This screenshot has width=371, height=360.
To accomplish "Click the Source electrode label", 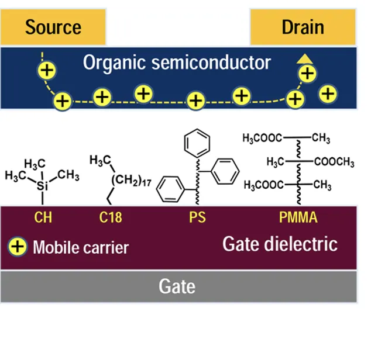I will tap(53, 27).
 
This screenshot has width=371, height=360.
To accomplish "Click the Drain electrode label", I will tap(303, 27).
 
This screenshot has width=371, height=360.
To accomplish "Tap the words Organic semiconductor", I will tap(177, 63).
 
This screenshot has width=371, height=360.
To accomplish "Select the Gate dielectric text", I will tap(280, 243).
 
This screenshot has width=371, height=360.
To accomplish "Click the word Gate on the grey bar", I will tap(177, 287).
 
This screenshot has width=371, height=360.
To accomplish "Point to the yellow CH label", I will tap(43, 218).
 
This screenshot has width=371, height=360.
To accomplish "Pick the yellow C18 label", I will tap(110, 218).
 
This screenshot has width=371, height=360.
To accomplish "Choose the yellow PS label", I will tap(197, 218).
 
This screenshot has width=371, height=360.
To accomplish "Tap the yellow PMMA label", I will tap(298, 218).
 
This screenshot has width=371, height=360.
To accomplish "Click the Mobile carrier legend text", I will tap(80, 247).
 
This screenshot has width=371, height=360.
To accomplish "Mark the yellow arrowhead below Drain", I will tap(303, 58).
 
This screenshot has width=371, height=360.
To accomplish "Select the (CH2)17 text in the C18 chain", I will tap(133, 181).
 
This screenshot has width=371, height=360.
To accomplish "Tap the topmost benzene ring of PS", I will tap(195, 143).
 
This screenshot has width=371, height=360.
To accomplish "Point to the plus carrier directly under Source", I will tap(47, 71).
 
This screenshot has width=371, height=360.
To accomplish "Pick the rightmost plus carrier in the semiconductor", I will tap(329, 92).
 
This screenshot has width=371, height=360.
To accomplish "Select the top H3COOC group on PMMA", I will tap(262, 139).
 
